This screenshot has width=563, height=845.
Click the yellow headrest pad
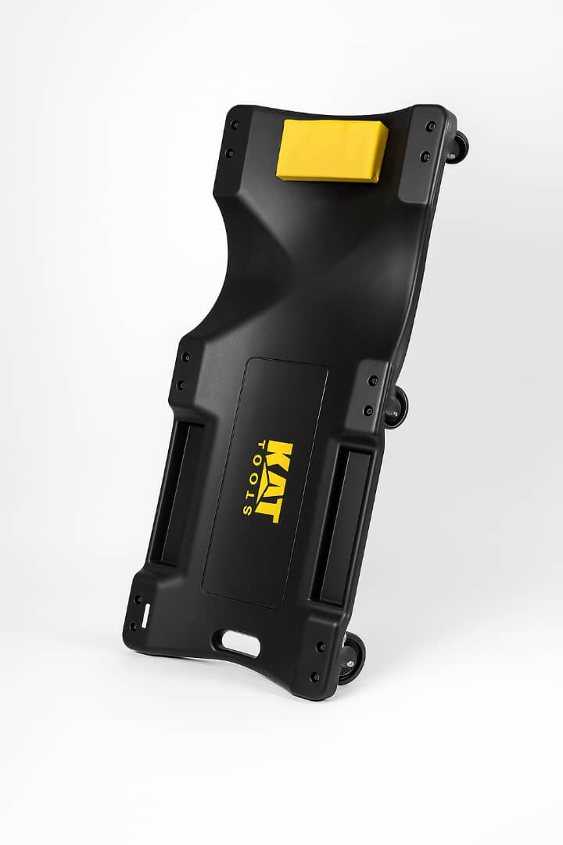click(332, 149)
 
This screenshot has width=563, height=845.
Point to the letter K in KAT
click(282, 455)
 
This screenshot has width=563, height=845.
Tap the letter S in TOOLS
click(248, 510)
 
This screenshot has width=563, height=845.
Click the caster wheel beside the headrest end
click(460, 147)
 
